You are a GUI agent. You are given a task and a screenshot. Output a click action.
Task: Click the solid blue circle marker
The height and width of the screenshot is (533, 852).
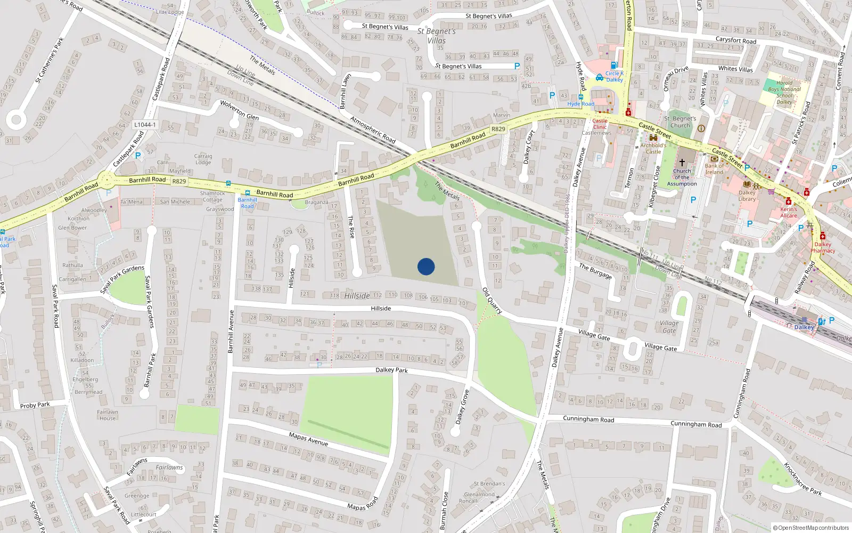426,266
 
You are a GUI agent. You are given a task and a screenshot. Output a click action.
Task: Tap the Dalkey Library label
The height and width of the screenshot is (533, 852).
747,196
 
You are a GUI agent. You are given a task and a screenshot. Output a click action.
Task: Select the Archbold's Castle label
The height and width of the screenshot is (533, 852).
653,148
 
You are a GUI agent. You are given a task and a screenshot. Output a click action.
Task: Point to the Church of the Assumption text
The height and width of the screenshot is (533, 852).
682,177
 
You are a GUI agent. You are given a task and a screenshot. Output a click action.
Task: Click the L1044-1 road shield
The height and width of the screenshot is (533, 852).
145,125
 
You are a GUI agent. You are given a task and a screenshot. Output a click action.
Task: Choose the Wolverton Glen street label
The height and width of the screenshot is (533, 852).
239,110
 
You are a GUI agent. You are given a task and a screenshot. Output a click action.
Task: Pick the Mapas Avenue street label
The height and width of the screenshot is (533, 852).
308,439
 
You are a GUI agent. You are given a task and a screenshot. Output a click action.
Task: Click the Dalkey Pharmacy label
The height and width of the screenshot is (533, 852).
823,247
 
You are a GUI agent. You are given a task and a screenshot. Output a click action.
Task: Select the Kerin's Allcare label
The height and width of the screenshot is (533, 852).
789,212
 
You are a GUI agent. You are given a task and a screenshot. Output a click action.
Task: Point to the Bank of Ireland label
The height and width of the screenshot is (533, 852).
714,169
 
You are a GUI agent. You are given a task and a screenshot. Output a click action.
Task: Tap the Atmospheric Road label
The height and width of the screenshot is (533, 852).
373,130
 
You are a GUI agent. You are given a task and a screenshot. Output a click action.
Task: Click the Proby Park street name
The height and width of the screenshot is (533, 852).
35,405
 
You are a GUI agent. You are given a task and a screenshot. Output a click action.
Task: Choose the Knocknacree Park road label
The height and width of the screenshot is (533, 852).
802,479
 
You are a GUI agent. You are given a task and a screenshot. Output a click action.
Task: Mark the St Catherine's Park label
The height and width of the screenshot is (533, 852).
49,60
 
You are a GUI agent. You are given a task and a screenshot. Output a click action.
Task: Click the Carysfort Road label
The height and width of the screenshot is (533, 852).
735,40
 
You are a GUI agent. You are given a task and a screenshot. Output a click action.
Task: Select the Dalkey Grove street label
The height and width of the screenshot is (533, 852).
462,407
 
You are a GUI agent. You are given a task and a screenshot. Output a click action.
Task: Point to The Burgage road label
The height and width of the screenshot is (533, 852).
595,271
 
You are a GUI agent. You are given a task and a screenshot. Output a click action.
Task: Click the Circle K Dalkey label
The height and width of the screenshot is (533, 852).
614,76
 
